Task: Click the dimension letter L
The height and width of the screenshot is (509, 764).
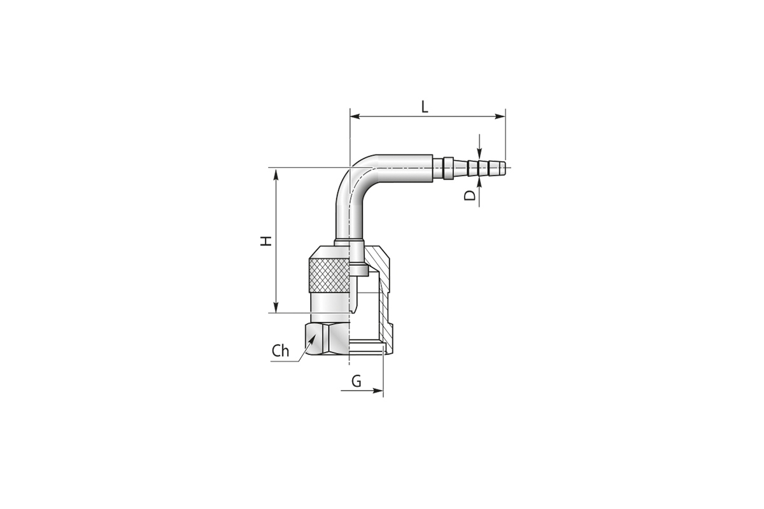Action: pyautogui.click(x=424, y=107)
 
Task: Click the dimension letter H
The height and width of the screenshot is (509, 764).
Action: pyautogui.click(x=266, y=241)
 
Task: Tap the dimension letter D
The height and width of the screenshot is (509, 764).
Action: pyautogui.click(x=470, y=195)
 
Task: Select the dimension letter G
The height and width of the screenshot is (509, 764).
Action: pyautogui.click(x=356, y=381)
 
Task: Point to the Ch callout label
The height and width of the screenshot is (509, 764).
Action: pyautogui.click(x=280, y=351)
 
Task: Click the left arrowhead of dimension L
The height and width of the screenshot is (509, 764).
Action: pyautogui.click(x=355, y=116)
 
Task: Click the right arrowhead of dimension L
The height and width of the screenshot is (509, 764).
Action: pyautogui.click(x=500, y=116)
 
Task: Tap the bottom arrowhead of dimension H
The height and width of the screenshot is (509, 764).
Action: pyautogui.click(x=276, y=307)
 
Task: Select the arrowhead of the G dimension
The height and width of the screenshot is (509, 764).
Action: pyautogui.click(x=378, y=391)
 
